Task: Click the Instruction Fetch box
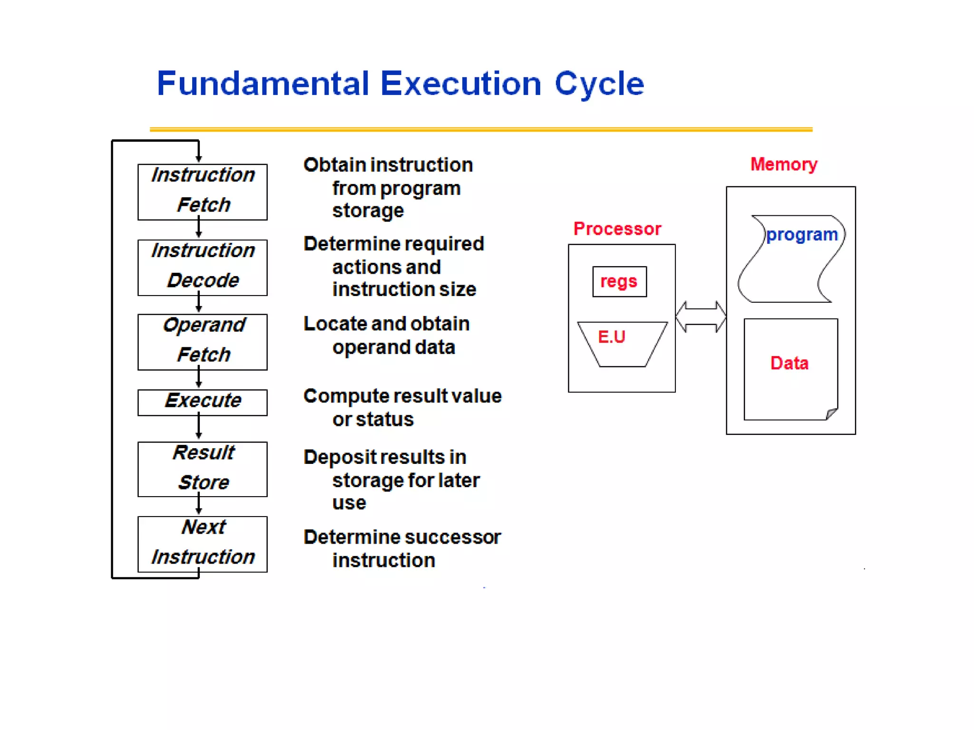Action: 202,192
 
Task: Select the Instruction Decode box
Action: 202,268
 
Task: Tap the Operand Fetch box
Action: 202,342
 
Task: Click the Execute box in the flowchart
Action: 202,402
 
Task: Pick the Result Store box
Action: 202,469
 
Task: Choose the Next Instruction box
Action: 202,544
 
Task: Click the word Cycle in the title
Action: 599,84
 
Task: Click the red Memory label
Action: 783,164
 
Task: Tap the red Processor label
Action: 617,229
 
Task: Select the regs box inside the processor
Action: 619,281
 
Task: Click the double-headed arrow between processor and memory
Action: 701,317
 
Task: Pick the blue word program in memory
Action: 802,235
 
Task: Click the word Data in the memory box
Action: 789,363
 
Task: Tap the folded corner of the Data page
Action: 831,414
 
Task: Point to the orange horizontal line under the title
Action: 480,129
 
